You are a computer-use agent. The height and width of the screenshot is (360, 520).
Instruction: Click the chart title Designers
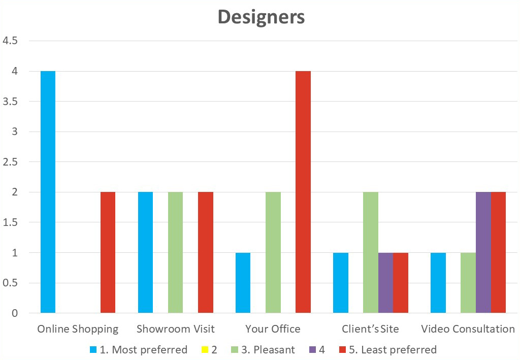[x=261, y=17]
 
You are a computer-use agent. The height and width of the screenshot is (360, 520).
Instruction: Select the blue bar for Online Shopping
[x=48, y=192]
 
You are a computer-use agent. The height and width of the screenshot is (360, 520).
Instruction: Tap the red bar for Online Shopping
[x=108, y=252]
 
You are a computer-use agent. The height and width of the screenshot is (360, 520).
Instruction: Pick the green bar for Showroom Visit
[x=175, y=252]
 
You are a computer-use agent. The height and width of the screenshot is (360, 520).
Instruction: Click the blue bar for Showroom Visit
[x=145, y=252]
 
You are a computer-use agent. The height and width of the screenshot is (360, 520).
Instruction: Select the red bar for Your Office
[x=303, y=192]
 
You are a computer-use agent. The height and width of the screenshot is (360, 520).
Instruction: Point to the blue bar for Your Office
[x=243, y=283]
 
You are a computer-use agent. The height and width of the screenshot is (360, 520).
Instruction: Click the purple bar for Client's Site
[x=385, y=283]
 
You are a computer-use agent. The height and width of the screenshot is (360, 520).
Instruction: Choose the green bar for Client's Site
[x=370, y=252]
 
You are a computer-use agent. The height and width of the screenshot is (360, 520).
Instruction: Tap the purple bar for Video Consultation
[x=483, y=252]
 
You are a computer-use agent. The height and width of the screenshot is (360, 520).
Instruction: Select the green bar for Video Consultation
[x=468, y=283]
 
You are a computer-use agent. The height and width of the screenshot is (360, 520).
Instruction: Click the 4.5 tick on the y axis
[x=11, y=41]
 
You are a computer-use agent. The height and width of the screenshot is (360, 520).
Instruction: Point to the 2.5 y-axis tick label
[x=11, y=162]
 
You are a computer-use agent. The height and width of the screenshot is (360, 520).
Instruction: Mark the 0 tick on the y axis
[x=15, y=313]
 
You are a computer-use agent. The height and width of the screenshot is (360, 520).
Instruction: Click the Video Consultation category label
[x=468, y=329]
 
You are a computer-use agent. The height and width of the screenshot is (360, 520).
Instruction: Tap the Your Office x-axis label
[x=273, y=329]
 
